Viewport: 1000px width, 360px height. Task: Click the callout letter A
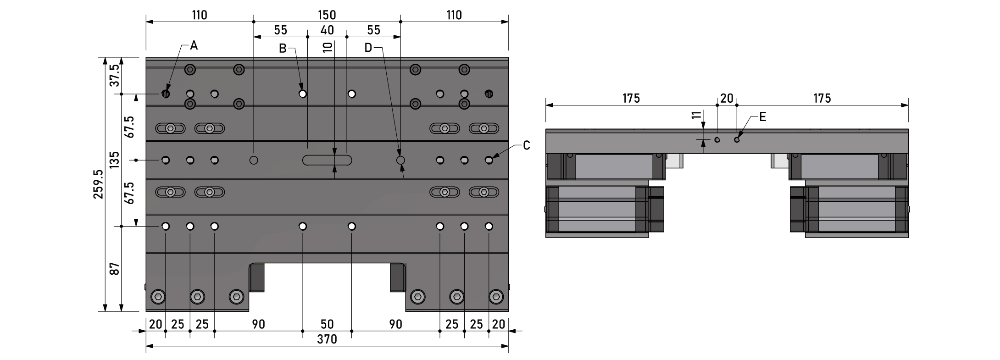click(x=194, y=45)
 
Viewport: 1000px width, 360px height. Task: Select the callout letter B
click(x=283, y=48)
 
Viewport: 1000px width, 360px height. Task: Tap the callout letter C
click(x=527, y=145)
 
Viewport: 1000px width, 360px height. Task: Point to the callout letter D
click(x=368, y=48)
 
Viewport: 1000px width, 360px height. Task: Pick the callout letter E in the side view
click(x=762, y=117)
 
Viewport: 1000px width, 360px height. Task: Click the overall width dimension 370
click(x=327, y=339)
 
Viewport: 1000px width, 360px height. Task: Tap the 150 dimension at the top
click(x=327, y=15)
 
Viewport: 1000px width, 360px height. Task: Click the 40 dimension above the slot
click(x=327, y=30)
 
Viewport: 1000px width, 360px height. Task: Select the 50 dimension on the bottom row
click(x=327, y=324)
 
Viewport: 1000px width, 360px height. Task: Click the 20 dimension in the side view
click(x=727, y=98)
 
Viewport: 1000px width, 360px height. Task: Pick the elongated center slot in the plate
click(x=327, y=160)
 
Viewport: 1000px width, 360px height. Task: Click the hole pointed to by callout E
click(x=737, y=139)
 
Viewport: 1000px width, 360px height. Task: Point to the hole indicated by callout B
click(x=302, y=94)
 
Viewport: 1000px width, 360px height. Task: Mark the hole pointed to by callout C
click(x=489, y=160)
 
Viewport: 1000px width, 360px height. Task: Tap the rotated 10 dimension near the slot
click(x=327, y=47)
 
